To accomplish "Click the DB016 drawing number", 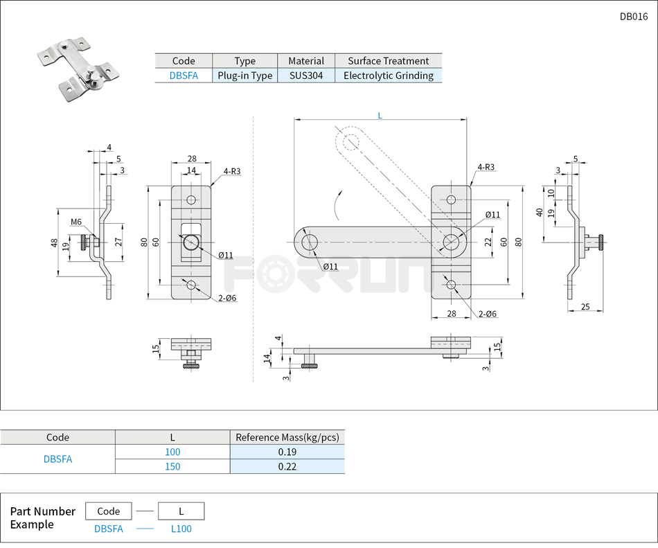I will pyautogui.click(x=633, y=17).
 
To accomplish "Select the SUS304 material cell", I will pyautogui.click(x=306, y=76).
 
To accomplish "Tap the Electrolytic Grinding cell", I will pyautogui.click(x=388, y=76).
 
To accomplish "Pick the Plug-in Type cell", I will pyautogui.click(x=244, y=76).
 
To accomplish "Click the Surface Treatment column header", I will pyautogui.click(x=388, y=61).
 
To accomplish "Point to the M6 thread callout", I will pyautogui.click(x=76, y=222).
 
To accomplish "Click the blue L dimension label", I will pyautogui.click(x=380, y=116).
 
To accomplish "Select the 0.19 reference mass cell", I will pyautogui.click(x=287, y=452).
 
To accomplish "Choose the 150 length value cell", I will pyautogui.click(x=172, y=466).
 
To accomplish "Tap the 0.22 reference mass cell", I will pyautogui.click(x=287, y=466).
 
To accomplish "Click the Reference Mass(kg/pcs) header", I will pyautogui.click(x=287, y=437).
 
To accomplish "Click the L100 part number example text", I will pyautogui.click(x=181, y=529).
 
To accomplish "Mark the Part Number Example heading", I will pyautogui.click(x=42, y=518).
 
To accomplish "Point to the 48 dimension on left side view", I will pyautogui.click(x=54, y=242).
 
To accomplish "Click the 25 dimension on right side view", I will pyautogui.click(x=585, y=306).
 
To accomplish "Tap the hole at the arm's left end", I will pyautogui.click(x=309, y=242).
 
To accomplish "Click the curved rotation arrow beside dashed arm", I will pyautogui.click(x=337, y=204).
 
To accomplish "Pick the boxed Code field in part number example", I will pyautogui.click(x=109, y=511).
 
